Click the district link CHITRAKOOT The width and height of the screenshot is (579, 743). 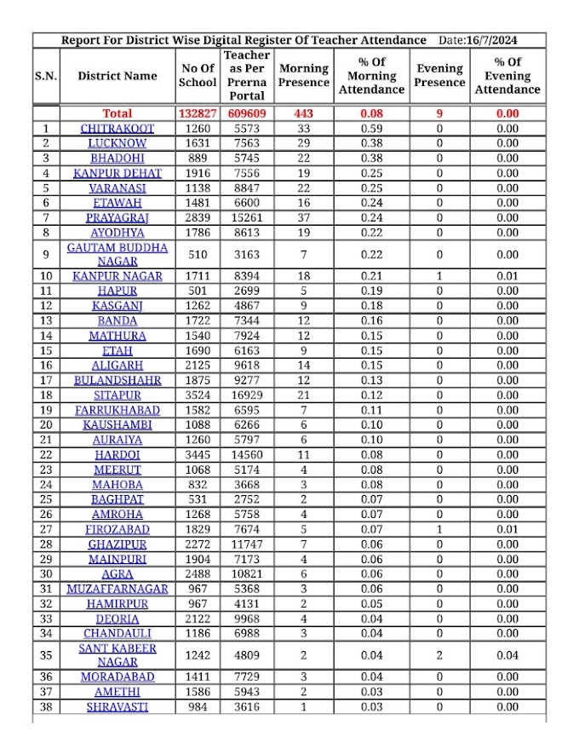pos(118,129)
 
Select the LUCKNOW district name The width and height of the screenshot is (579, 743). pos(118,143)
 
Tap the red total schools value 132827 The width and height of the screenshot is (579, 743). pos(198,113)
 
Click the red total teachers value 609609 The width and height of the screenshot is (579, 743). pos(247,113)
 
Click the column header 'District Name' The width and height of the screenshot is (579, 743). pos(118,76)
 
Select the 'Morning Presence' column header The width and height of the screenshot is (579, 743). pos(304,76)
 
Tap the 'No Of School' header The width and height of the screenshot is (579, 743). pos(198,76)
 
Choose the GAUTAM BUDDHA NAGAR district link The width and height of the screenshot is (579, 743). pos(118,254)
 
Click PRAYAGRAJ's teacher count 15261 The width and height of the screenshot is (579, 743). pos(247,217)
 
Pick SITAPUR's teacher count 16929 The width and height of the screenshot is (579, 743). pos(247,395)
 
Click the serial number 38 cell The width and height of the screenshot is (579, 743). pos(46,707)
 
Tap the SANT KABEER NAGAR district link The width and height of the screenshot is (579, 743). pos(118,655)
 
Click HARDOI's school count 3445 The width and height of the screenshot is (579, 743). pos(198,455)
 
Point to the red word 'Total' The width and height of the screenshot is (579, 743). pos(118,113)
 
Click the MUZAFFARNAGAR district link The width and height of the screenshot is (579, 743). pos(118,589)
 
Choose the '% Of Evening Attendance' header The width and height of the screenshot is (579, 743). pos(507,76)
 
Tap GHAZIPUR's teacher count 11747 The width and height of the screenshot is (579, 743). pos(247,544)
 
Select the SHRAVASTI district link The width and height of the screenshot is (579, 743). pos(118,707)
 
